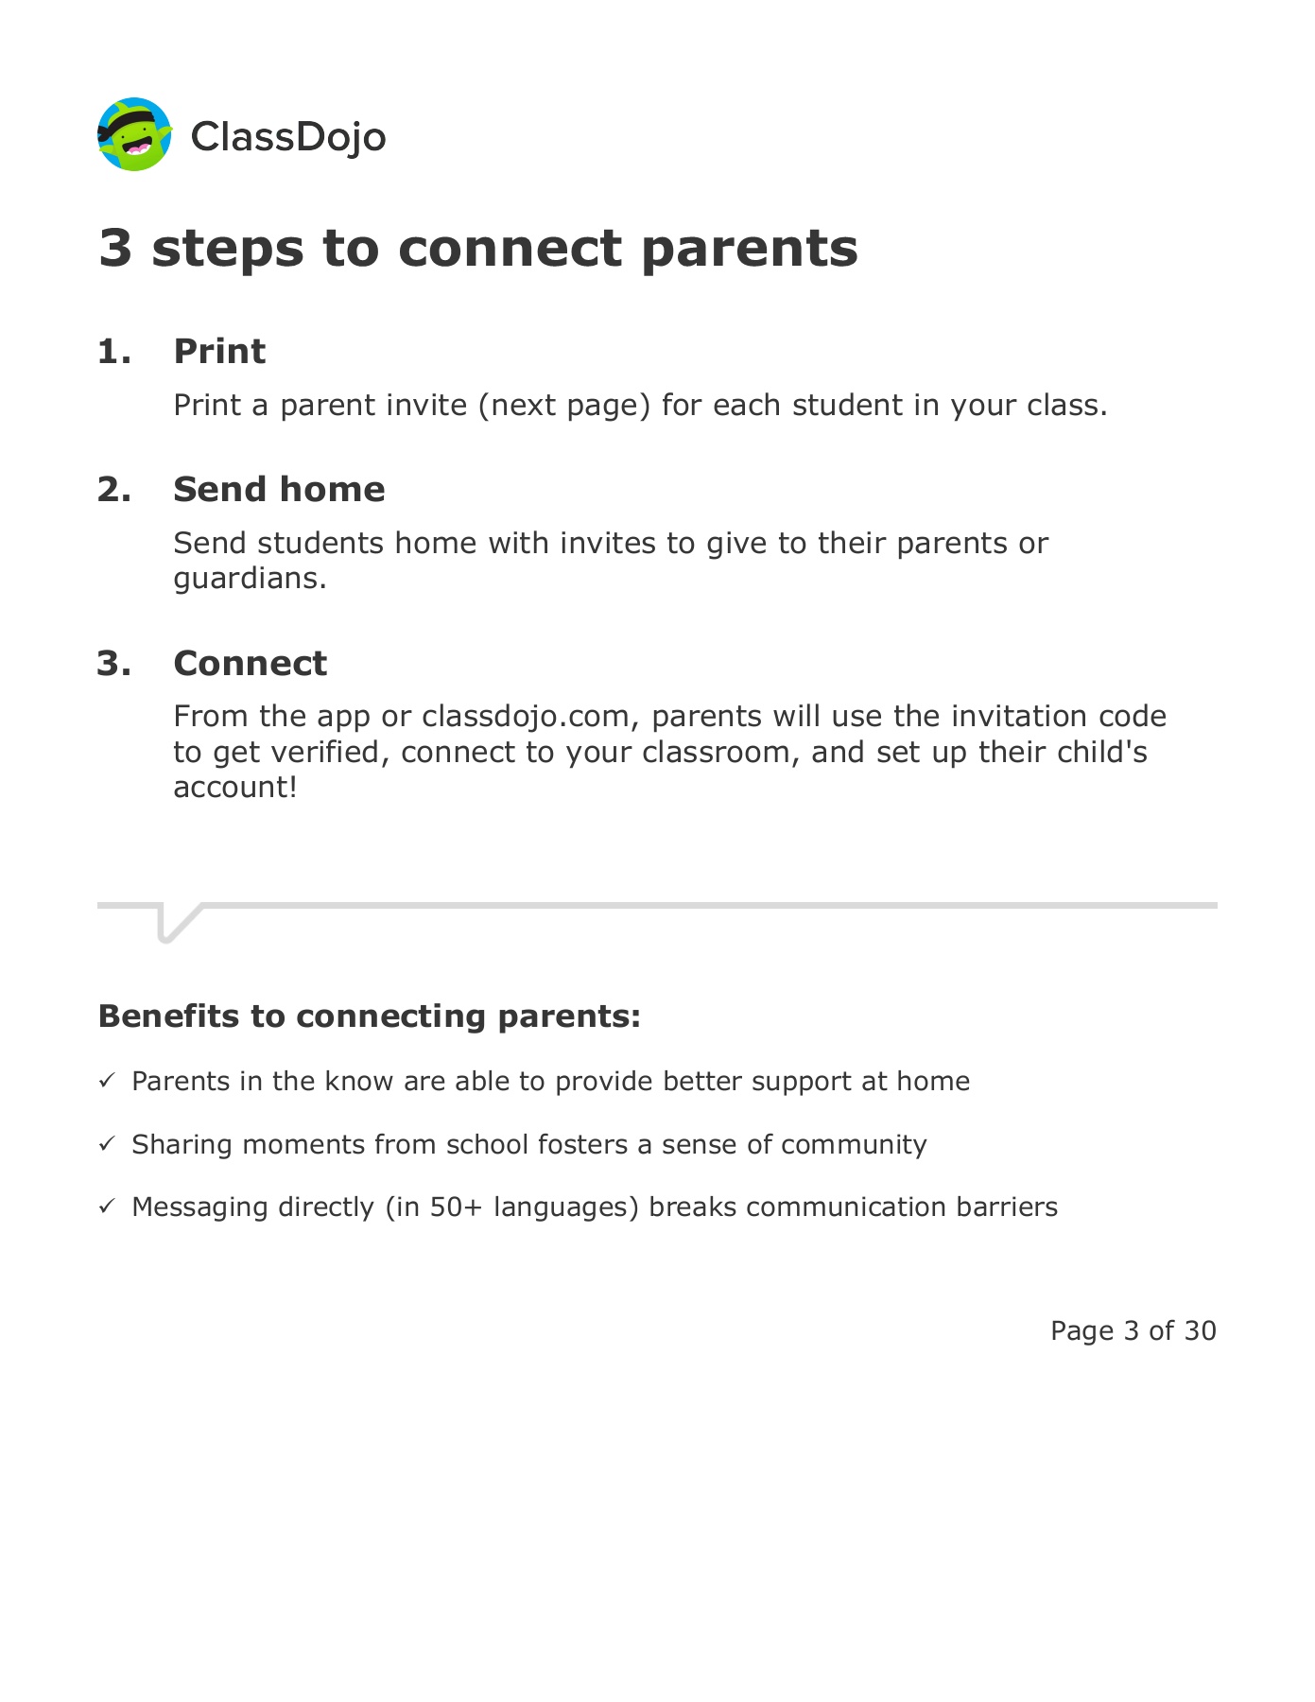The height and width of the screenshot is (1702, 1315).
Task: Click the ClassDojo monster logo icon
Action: point(134,134)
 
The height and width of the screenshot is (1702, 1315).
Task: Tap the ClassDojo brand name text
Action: point(288,137)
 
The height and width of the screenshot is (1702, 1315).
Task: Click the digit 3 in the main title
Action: point(115,249)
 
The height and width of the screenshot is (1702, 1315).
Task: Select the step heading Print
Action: point(219,352)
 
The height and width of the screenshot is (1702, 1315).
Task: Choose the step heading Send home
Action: point(279,490)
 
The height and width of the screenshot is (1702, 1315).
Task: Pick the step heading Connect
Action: point(250,664)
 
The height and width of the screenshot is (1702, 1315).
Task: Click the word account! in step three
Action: point(235,788)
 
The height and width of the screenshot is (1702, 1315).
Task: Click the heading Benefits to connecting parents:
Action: point(370,1016)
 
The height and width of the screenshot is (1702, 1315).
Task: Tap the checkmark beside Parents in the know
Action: point(107,1081)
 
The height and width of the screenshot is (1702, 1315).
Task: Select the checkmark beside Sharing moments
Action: point(107,1144)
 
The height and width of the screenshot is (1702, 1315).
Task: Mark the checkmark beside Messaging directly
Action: point(107,1207)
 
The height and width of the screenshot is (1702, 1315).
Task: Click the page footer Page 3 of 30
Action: point(1133,1331)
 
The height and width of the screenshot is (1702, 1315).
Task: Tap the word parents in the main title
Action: point(749,250)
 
